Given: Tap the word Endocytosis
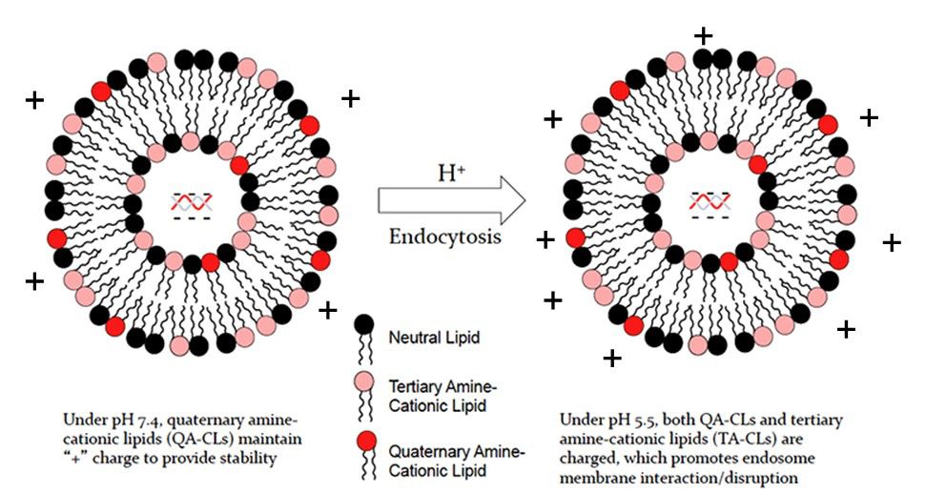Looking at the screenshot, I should (x=444, y=237).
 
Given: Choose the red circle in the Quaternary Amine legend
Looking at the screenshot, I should (x=362, y=441).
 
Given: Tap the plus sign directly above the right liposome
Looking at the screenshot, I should (x=703, y=36).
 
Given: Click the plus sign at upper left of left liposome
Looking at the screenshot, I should (x=34, y=99).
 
